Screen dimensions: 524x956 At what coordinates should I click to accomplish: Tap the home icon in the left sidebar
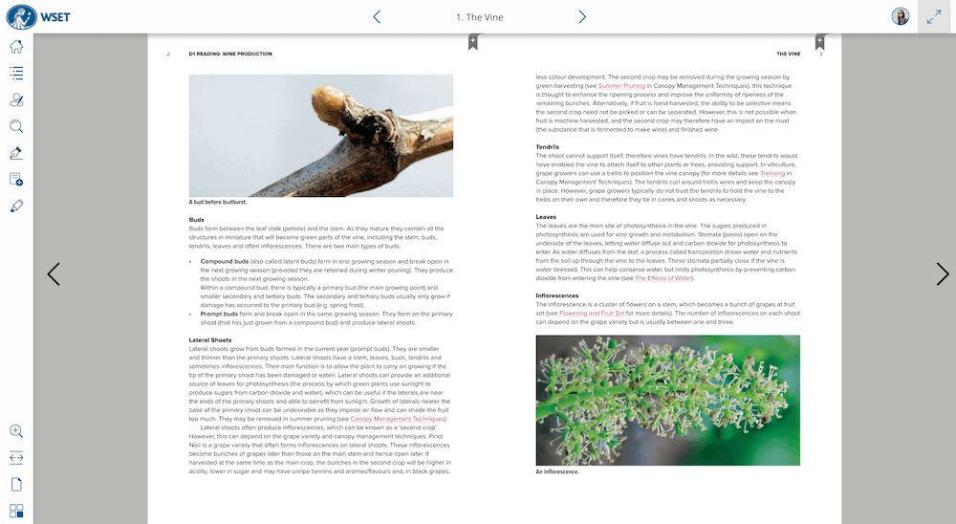[16, 46]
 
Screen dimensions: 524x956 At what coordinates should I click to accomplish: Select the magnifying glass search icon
[16, 126]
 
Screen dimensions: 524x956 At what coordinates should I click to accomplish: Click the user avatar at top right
[900, 16]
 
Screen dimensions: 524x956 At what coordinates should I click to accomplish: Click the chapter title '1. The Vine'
[479, 17]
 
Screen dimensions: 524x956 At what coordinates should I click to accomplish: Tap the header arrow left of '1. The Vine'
[377, 17]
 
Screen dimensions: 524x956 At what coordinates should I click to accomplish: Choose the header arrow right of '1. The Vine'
[582, 17]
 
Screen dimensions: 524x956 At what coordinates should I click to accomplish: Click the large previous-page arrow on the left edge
[54, 274]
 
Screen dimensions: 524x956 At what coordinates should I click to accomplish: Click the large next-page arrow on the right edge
[942, 274]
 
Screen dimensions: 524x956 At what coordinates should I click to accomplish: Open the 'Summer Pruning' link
[621, 85]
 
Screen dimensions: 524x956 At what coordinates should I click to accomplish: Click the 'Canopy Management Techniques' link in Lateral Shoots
[398, 419]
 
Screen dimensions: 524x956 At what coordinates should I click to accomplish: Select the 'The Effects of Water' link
[663, 278]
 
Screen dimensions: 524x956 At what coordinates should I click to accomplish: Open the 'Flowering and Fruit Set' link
[592, 313]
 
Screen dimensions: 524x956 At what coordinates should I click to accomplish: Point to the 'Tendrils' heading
[548, 146]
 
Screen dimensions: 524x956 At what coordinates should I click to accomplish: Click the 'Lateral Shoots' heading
[210, 339]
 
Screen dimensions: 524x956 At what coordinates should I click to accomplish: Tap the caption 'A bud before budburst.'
[218, 202]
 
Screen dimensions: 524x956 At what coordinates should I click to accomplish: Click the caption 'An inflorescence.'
[557, 471]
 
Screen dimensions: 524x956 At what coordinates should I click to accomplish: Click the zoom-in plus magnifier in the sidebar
[16, 431]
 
